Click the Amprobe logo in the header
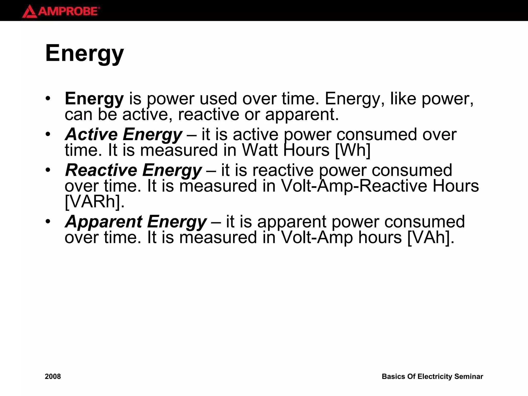click(61, 11)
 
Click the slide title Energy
click(85, 53)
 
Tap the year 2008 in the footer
click(53, 376)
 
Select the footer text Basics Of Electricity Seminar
click(432, 376)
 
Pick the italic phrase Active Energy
click(123, 134)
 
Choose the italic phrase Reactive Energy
click(133, 170)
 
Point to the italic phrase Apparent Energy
click(136, 221)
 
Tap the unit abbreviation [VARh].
click(94, 201)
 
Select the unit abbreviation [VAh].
click(430, 237)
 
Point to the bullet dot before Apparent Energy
click(48, 221)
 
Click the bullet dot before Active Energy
click(48, 134)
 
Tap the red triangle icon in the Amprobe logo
click(29, 12)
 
